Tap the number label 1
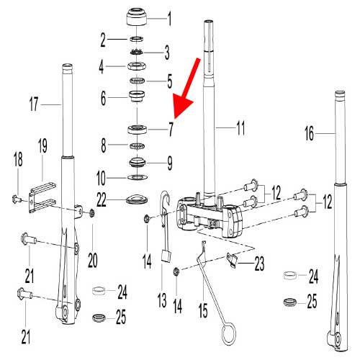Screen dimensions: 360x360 (170, 16)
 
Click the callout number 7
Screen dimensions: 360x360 (171, 130)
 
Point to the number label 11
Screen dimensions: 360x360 (240, 130)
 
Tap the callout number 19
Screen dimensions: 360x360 (42, 145)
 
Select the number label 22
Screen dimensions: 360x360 (103, 197)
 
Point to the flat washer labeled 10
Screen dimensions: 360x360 (137, 177)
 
